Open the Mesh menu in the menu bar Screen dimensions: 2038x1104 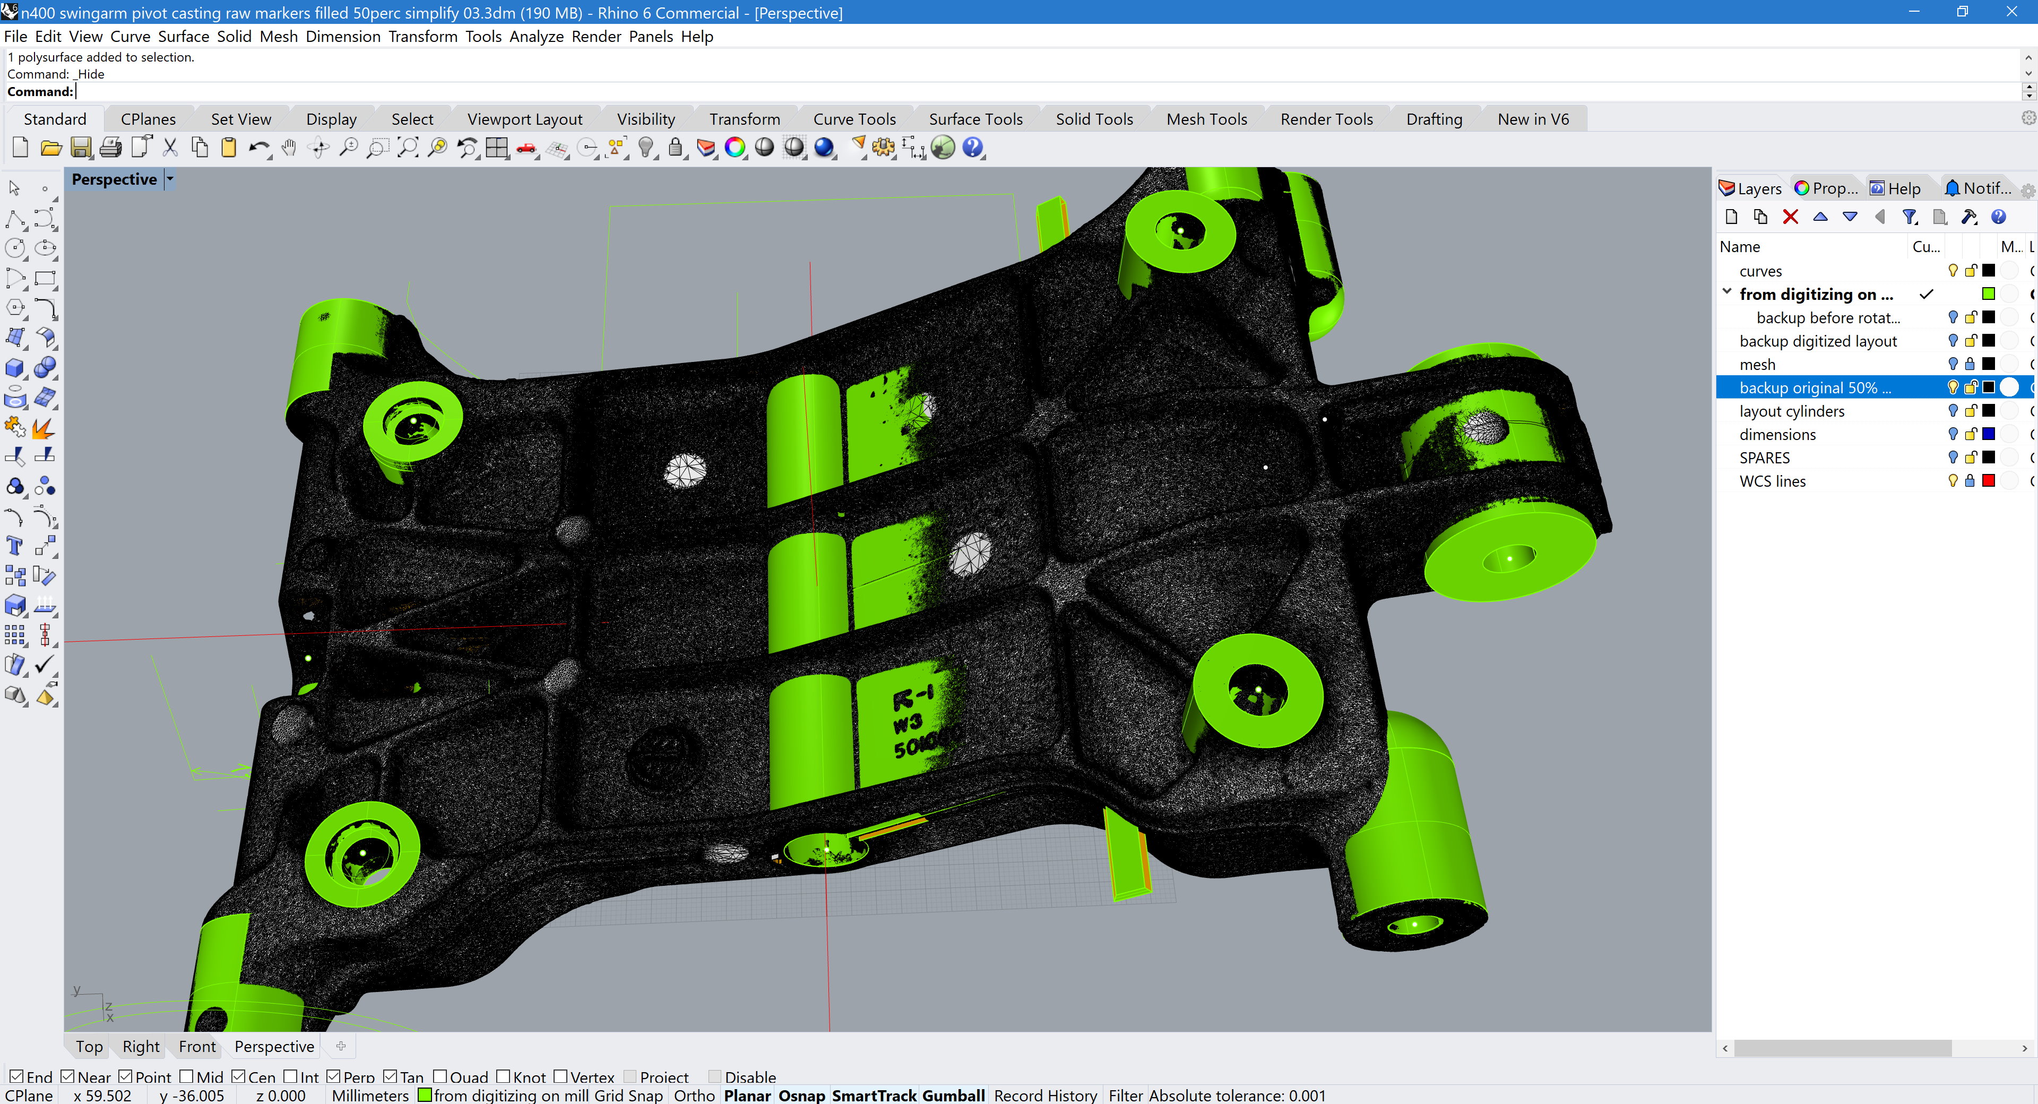[279, 37]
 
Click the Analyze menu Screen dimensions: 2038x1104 [537, 37]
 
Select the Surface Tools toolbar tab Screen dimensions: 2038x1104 [975, 119]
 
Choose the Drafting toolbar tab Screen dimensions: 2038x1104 [1433, 119]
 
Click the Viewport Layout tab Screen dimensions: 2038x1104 [524, 119]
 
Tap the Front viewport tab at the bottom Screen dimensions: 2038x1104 [197, 1046]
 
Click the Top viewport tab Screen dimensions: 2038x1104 [89, 1046]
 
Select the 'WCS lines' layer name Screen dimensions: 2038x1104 [1772, 481]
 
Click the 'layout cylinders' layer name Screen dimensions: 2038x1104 [1791, 411]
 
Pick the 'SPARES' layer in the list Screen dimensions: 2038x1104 [1764, 458]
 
